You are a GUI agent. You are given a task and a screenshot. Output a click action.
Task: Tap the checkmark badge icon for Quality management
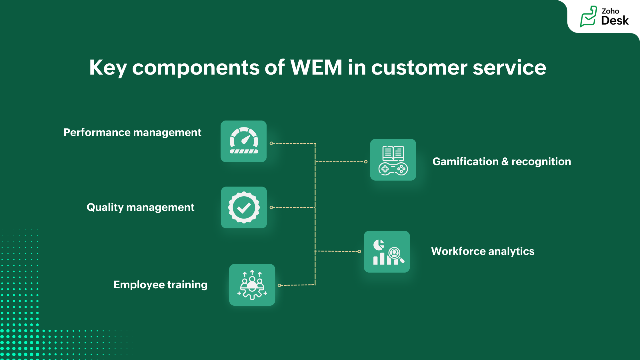pos(244,207)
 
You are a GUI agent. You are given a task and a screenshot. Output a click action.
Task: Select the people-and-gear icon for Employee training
pos(252,285)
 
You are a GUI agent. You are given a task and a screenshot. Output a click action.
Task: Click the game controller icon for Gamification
pos(393,169)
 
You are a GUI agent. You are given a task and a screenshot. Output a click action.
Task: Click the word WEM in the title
pos(316,67)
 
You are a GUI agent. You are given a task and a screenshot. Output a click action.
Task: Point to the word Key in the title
pos(108,68)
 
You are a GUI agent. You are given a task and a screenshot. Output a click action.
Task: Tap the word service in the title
pos(509,68)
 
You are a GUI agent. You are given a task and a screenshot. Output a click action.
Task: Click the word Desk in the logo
pos(615,21)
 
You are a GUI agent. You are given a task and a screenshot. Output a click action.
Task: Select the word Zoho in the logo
pos(610,11)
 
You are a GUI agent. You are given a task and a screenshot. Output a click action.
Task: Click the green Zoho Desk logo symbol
pos(588,17)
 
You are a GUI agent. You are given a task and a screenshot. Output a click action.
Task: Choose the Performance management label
pos(132,133)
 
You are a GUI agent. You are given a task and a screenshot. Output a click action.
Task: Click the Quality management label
pos(140,207)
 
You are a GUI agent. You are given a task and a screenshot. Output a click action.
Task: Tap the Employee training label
pos(160,285)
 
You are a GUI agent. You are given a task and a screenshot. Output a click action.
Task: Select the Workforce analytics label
pos(483,251)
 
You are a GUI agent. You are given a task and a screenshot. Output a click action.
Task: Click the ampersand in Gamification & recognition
pos(505,162)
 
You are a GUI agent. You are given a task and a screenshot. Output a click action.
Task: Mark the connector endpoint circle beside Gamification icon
pos(366,162)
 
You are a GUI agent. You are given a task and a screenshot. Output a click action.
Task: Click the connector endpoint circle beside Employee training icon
pos(279,285)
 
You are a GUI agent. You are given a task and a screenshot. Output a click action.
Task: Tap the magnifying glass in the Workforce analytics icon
pos(396,254)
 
